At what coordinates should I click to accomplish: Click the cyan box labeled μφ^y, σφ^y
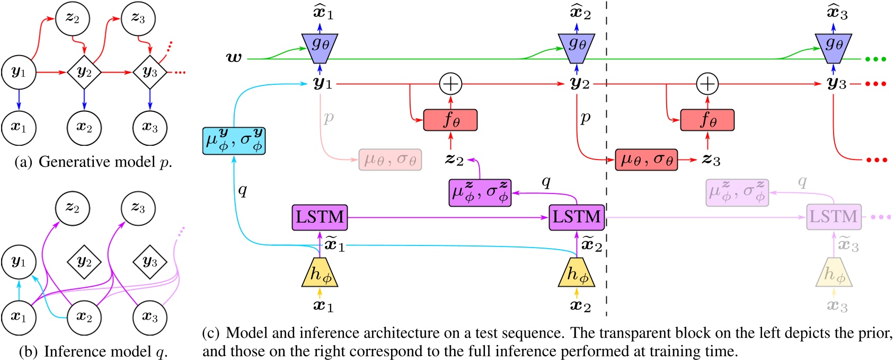click(x=234, y=141)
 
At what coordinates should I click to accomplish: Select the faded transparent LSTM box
click(x=833, y=217)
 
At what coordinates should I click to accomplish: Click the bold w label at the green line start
click(x=234, y=57)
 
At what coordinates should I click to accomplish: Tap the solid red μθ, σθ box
click(x=646, y=160)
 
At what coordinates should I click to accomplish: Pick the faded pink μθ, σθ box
click(x=390, y=160)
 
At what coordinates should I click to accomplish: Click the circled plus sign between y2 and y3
click(x=707, y=84)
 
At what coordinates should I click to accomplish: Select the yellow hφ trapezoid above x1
click(x=320, y=273)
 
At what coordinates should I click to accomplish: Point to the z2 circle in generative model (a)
click(x=73, y=19)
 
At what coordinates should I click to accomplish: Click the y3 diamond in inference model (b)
click(x=150, y=262)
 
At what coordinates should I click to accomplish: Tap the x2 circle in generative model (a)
click(x=84, y=128)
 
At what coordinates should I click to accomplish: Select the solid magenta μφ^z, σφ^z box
click(x=480, y=192)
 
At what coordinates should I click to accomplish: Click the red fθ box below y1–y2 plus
click(x=450, y=120)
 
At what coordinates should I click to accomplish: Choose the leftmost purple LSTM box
click(x=320, y=217)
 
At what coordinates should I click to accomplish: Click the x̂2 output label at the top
click(x=579, y=13)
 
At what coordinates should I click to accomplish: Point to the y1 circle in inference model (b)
click(x=19, y=262)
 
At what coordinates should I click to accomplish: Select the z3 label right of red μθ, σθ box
click(x=711, y=160)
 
